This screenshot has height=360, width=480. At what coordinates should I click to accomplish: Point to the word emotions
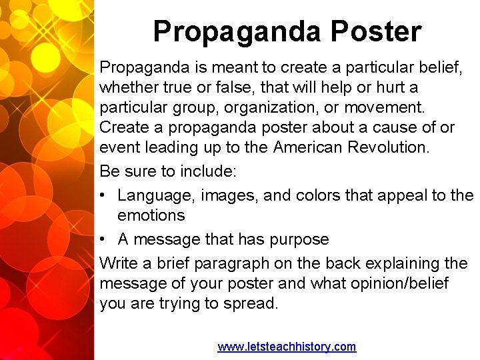[x=151, y=215]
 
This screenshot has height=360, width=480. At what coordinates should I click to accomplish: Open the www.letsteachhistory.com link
[x=287, y=347]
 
